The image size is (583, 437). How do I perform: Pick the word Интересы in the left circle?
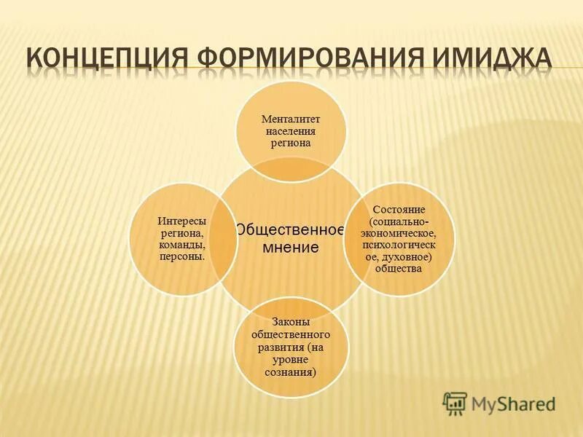[181, 221]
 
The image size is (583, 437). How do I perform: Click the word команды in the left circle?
[181, 245]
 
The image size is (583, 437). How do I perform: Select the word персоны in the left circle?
[181, 256]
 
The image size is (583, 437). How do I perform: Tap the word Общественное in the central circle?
[290, 230]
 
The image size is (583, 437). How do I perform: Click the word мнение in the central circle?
[290, 248]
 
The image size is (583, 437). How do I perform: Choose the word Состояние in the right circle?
[398, 210]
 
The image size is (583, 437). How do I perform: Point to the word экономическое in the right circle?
[398, 233]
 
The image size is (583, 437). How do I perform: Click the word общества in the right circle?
[398, 268]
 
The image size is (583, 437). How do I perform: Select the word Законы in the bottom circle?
[291, 321]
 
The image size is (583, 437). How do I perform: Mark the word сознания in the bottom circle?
[289, 371]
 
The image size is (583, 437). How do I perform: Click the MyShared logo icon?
[455, 401]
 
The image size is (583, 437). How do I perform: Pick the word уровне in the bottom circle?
[291, 359]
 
